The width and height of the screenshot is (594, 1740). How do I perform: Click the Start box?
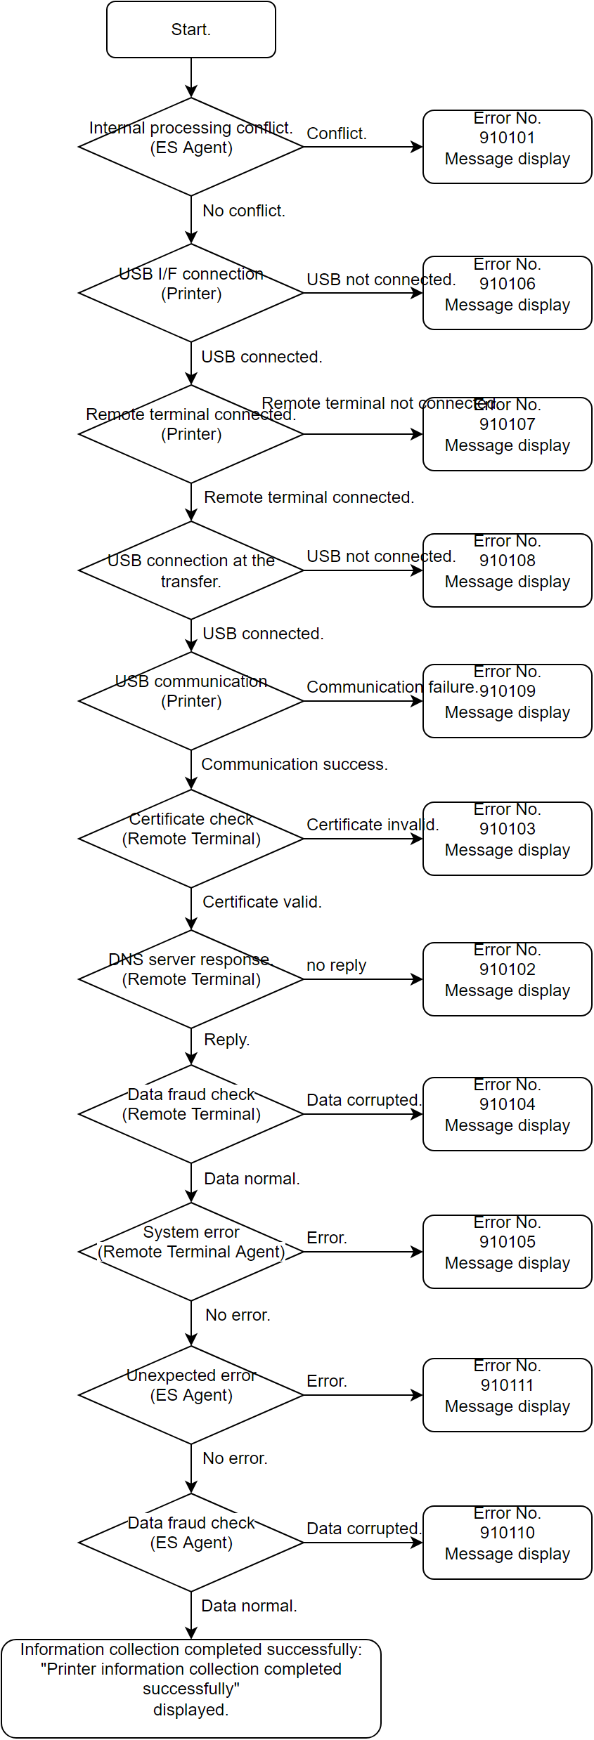tap(191, 30)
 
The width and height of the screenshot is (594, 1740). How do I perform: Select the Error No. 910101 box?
tap(507, 147)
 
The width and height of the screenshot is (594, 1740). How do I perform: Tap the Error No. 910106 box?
tap(507, 293)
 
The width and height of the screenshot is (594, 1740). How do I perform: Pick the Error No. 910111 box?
tap(507, 1395)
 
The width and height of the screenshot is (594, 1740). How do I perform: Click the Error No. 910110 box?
tap(507, 1543)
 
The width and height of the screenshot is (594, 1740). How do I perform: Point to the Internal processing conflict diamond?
tap(191, 148)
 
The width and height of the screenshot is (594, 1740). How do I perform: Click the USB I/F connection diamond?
tap(191, 293)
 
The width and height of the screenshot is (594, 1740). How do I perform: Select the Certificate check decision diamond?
tap(191, 839)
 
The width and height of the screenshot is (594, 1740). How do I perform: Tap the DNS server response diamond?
tap(191, 979)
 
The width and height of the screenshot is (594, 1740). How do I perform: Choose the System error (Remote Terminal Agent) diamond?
tap(191, 1252)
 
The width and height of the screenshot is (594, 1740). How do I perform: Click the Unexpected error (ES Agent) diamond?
tap(191, 1395)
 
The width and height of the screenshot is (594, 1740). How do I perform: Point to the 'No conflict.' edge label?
tap(244, 211)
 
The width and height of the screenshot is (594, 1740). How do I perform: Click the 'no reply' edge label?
tap(336, 965)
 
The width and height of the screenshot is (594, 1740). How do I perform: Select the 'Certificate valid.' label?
tap(262, 902)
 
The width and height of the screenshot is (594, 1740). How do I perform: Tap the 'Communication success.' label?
tap(295, 764)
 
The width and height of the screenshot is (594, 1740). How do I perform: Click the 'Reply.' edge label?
tap(226, 1040)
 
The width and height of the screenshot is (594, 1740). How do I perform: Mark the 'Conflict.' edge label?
tap(337, 133)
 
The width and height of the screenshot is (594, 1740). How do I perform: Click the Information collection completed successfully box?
tap(191, 1689)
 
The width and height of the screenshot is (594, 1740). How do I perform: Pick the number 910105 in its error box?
tap(507, 1242)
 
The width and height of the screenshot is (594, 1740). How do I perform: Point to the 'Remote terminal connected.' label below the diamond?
tap(309, 497)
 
